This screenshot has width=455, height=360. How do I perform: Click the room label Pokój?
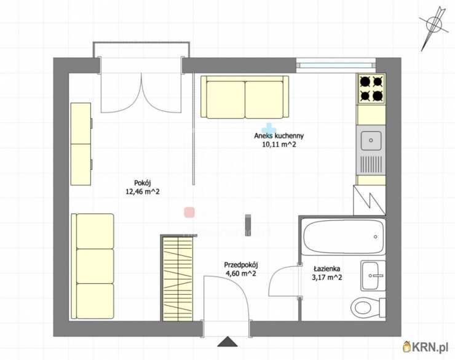tap(143, 183)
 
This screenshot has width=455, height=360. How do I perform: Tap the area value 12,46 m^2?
tap(143, 191)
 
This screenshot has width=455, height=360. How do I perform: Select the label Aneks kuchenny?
tap(279, 135)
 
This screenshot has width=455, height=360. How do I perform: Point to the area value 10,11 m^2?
tap(279, 144)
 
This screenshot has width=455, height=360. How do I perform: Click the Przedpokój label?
tap(241, 265)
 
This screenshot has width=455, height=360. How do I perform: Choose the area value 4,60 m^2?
tap(241, 273)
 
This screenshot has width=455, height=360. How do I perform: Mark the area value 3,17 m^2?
tap(326, 278)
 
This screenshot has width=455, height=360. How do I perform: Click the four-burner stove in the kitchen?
tap(371, 89)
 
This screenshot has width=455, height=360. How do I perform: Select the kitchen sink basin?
tap(371, 140)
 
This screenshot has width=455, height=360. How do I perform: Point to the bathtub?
tap(343, 237)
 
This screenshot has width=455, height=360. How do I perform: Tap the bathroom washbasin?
tap(373, 276)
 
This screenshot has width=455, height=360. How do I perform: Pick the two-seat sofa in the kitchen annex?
tap(245, 97)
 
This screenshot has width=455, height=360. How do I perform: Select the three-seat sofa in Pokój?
tap(93, 266)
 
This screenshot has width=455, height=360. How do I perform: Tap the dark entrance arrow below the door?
tap(228, 342)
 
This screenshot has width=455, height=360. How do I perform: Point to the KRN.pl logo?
tap(425, 346)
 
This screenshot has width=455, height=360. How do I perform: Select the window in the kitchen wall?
tap(336, 63)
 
